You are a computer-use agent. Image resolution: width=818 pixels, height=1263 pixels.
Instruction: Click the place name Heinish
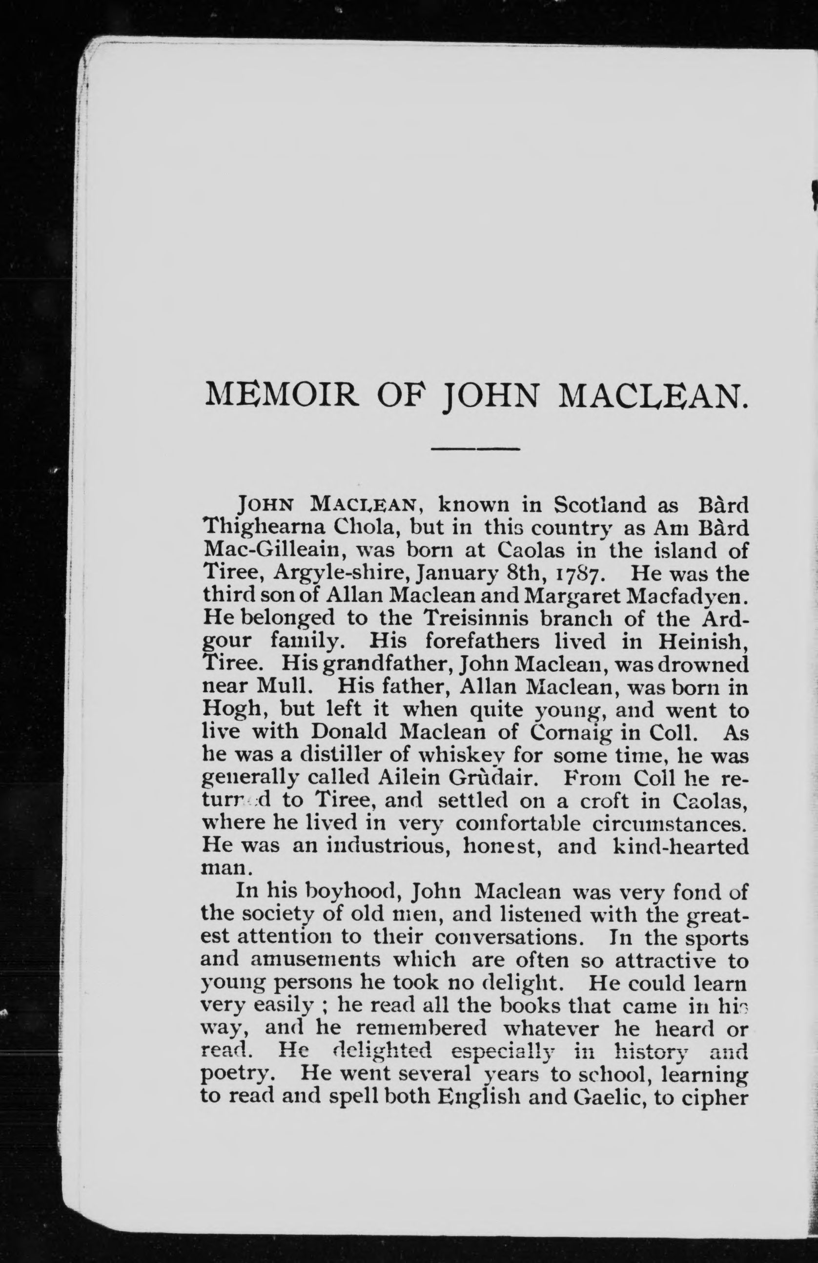pyautogui.click(x=702, y=642)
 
